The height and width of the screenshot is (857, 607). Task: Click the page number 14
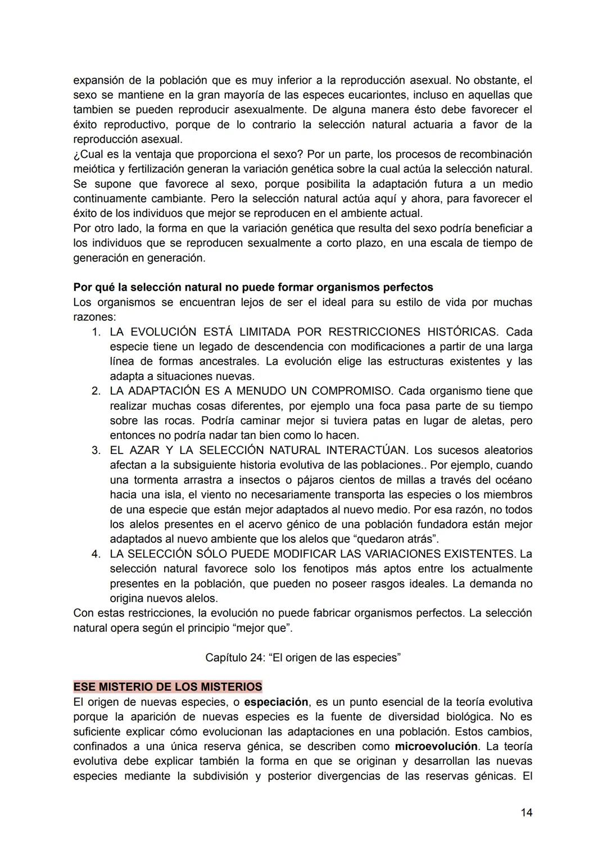pyautogui.click(x=526, y=813)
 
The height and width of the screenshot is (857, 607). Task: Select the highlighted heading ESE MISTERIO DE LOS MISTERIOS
pyautogui.click(x=167, y=687)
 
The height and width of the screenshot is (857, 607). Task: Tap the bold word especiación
pyautogui.click(x=276, y=702)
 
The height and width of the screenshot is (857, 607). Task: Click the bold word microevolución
pyautogui.click(x=436, y=746)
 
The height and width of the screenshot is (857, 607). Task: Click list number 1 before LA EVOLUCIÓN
pyautogui.click(x=97, y=332)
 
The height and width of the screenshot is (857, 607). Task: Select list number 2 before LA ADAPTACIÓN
pyautogui.click(x=97, y=391)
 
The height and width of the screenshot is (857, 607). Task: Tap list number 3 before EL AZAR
pyautogui.click(x=97, y=451)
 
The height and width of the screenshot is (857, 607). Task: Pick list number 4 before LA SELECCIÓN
pyautogui.click(x=97, y=554)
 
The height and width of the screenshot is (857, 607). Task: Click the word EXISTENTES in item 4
pyautogui.click(x=470, y=554)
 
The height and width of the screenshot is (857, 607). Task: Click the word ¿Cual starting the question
pyautogui.click(x=89, y=154)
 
